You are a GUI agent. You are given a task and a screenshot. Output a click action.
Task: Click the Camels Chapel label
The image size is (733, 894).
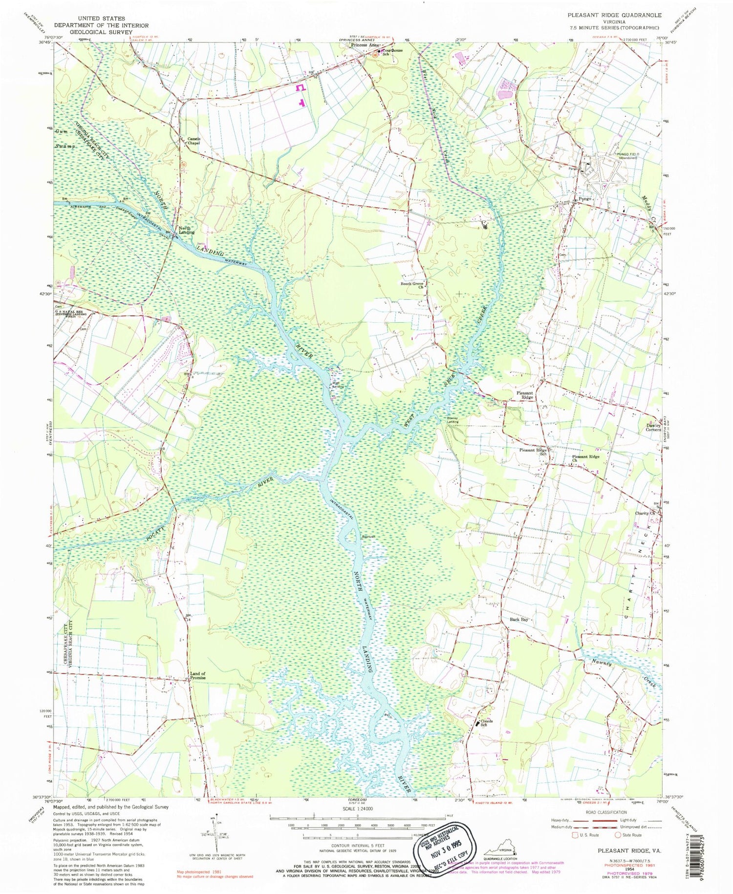click(x=194, y=141)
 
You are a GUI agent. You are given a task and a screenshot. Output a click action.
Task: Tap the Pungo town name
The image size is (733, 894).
click(x=585, y=199)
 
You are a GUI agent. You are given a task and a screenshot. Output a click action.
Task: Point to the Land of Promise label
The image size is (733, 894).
click(x=197, y=677)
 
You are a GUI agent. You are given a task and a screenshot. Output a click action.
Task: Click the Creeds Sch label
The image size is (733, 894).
click(x=486, y=723)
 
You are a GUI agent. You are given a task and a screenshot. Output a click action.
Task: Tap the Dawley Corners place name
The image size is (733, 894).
click(x=654, y=427)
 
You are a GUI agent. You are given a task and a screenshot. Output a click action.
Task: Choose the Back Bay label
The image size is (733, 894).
click(x=519, y=619)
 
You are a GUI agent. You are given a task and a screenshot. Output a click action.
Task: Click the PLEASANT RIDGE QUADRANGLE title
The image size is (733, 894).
click(x=614, y=15)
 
